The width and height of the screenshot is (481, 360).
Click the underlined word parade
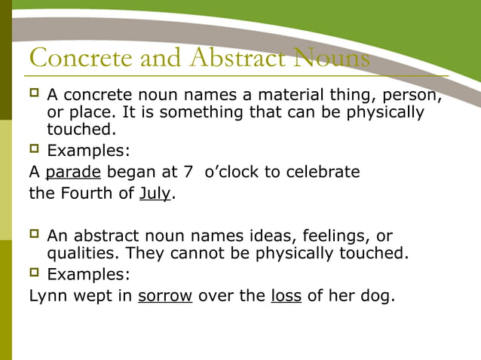pyautogui.click(x=73, y=172)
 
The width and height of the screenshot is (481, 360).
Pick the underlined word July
pyautogui.click(x=155, y=194)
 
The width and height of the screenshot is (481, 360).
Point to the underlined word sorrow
pyautogui.click(x=165, y=296)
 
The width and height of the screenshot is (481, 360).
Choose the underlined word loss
pyautogui.click(x=286, y=296)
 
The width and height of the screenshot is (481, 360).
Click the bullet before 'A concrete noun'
pyautogui.click(x=33, y=95)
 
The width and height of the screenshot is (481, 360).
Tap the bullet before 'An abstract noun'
pyautogui.click(x=33, y=235)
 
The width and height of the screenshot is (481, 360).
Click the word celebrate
pyautogui.click(x=323, y=172)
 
